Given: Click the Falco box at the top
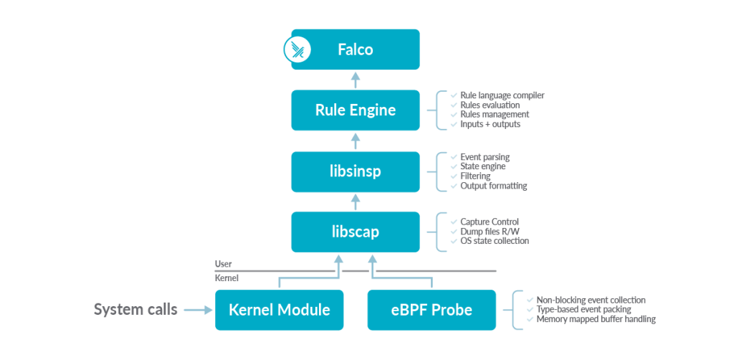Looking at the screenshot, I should click(356, 49).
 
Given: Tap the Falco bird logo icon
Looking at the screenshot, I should click(295, 49).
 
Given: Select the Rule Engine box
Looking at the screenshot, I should click(356, 110).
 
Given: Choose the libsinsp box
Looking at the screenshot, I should click(356, 172).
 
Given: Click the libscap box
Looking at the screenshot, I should click(356, 232).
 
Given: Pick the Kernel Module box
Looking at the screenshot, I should click(280, 310).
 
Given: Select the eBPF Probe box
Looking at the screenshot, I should click(432, 310).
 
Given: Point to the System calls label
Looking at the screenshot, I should click(135, 310).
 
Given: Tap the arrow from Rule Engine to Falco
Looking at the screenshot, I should click(356, 80).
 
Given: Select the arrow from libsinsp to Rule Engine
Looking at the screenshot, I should click(356, 141).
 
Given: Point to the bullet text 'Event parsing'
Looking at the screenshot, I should click(485, 157).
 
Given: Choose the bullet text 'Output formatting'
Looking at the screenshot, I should click(493, 186).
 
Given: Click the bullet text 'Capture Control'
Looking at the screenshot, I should click(490, 222).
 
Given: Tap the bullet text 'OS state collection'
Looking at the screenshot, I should click(494, 241).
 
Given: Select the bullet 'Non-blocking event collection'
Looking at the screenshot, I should click(591, 300).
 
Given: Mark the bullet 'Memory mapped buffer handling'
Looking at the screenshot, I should click(596, 319).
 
